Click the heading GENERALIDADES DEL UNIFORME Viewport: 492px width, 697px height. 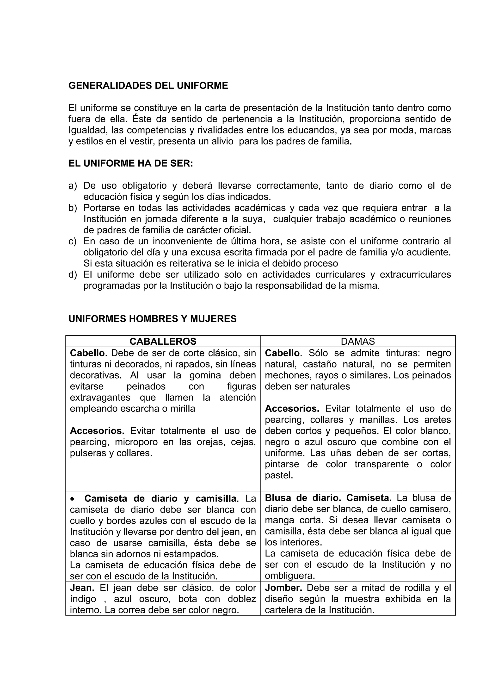[x=148, y=86]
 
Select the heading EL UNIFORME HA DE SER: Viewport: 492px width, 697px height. [x=131, y=163]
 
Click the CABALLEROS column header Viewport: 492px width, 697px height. [x=163, y=342]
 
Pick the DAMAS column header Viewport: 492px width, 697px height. [x=358, y=342]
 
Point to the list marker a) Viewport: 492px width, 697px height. [x=73, y=185]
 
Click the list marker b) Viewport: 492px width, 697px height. [x=73, y=208]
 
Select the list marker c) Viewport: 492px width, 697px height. [x=73, y=241]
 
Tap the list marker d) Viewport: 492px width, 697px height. [x=73, y=275]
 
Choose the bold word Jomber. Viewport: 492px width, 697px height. [x=283, y=588]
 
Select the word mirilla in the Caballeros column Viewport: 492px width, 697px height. [x=183, y=409]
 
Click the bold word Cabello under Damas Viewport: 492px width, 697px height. [x=282, y=353]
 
